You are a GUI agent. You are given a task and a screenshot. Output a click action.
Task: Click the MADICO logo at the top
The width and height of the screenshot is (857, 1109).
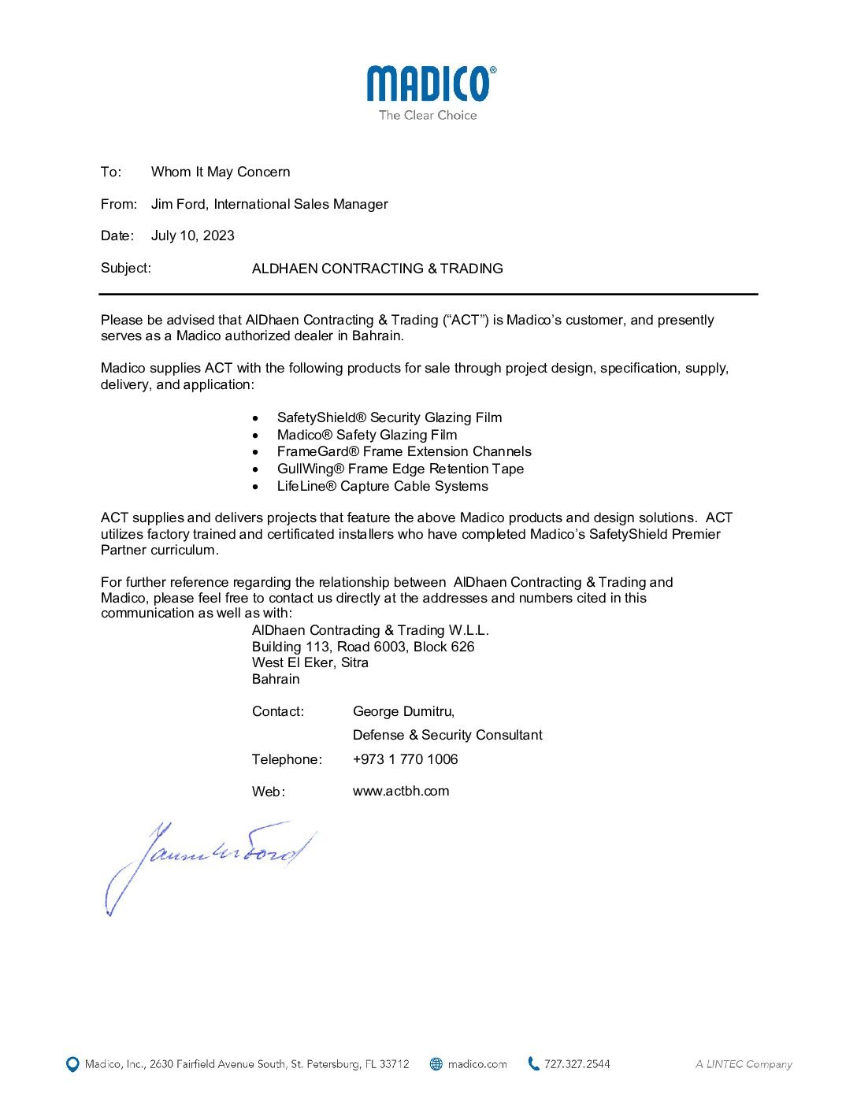tap(430, 83)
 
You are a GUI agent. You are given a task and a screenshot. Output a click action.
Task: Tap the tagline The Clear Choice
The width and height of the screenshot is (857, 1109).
tap(428, 115)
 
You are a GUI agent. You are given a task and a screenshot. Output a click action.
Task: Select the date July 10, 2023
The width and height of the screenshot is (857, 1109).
tap(192, 236)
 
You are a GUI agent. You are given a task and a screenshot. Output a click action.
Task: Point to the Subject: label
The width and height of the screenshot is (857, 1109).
tap(125, 268)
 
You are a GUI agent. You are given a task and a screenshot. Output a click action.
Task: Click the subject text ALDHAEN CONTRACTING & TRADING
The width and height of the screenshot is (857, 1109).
tap(377, 269)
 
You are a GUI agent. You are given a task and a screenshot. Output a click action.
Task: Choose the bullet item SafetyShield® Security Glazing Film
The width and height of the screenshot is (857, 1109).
tap(389, 417)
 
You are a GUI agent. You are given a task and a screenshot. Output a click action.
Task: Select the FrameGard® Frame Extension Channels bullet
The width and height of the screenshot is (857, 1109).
tap(404, 451)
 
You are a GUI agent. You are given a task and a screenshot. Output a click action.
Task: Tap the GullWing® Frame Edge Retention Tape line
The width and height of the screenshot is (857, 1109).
tap(400, 469)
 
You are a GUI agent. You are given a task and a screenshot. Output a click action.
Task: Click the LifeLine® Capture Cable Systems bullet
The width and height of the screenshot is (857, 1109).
tap(382, 486)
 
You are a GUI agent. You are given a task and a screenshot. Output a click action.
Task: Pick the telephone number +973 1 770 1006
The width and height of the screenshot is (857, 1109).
tap(405, 759)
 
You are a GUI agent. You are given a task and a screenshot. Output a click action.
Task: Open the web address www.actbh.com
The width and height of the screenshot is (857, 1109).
tap(401, 791)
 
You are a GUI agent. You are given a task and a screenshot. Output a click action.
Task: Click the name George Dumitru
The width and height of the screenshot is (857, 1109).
tap(403, 711)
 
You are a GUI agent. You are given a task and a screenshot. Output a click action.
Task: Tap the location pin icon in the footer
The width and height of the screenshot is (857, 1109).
tap(72, 1064)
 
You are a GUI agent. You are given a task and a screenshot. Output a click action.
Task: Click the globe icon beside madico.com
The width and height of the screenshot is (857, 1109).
tap(436, 1064)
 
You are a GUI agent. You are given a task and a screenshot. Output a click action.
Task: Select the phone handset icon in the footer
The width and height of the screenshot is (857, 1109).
tap(533, 1063)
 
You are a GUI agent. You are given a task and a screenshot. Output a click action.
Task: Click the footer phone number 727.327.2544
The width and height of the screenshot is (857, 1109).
tap(577, 1064)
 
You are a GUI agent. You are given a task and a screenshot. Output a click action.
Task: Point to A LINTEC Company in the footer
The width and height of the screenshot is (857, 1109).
tap(744, 1064)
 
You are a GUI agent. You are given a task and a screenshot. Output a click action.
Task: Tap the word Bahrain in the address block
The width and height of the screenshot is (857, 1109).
tap(276, 679)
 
